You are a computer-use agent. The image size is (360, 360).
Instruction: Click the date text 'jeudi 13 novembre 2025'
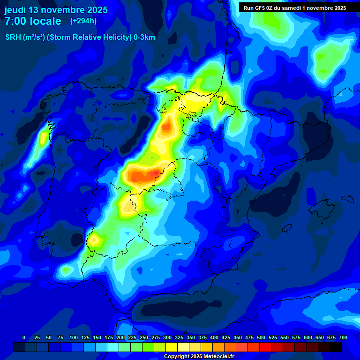[56, 10]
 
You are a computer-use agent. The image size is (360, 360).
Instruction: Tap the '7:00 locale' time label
[33, 21]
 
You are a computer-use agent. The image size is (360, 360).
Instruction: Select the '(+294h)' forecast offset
[83, 21]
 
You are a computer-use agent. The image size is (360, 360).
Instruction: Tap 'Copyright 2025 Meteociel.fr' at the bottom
[199, 357]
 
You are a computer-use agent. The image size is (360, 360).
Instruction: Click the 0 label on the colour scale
[24, 338]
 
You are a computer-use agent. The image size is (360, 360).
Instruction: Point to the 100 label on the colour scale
[74, 338]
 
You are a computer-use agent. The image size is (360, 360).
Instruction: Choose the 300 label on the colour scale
[167, 338]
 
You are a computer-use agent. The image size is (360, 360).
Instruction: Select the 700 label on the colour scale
[343, 338]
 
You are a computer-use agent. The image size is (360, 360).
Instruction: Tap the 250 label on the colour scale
[144, 338]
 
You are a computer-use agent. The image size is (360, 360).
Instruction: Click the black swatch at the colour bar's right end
[336, 347]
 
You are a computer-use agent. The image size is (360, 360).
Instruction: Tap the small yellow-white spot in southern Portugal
[95, 240]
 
